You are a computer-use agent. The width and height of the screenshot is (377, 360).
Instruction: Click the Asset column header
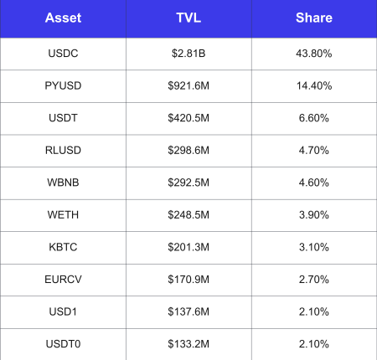pos(63,18)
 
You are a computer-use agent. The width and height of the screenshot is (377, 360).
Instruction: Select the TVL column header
pos(188,18)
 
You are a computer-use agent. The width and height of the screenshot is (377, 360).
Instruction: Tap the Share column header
pos(314,18)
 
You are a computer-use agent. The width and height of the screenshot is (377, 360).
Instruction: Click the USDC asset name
pos(63,54)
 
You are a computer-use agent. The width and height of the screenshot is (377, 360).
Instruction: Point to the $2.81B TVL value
pos(188,54)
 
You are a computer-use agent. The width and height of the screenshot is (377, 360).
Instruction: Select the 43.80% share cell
pos(314,54)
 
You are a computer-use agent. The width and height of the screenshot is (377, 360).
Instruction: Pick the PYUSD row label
pos(63,85)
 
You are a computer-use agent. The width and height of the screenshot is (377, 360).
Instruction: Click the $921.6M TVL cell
pos(188,85)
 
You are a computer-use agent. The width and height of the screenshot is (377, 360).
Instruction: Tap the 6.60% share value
pos(314,118)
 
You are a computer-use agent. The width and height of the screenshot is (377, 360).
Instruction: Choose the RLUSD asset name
pos(63,151)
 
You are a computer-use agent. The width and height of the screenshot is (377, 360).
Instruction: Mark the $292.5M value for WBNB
pos(188,183)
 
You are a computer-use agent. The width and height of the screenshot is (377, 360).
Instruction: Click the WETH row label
pos(63,215)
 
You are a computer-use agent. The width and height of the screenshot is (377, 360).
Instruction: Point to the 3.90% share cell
pos(314,215)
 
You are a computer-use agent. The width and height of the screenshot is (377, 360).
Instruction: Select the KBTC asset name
pos(63,247)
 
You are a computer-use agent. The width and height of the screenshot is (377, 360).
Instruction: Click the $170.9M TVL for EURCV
pos(188,280)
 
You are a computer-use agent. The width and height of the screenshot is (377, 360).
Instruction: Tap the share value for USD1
pos(314,311)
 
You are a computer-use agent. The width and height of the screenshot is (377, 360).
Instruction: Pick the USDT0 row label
pos(63,344)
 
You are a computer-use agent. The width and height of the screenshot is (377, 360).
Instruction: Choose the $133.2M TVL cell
pos(188,344)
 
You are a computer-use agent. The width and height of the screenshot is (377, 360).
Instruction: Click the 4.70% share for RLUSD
pos(314,151)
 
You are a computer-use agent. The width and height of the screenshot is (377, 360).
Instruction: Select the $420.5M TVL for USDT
pos(188,118)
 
